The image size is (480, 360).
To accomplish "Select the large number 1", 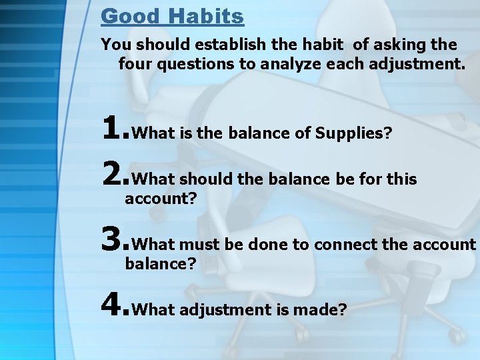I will click(113, 126).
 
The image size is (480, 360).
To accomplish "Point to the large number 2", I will click(113, 173).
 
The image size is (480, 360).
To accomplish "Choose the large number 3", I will click(113, 239).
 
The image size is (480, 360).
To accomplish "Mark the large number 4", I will click(113, 303).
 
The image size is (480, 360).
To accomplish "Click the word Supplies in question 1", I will click(351, 133).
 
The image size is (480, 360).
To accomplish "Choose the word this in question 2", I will click(401, 179).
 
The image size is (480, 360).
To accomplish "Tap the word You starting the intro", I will click(113, 45).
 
